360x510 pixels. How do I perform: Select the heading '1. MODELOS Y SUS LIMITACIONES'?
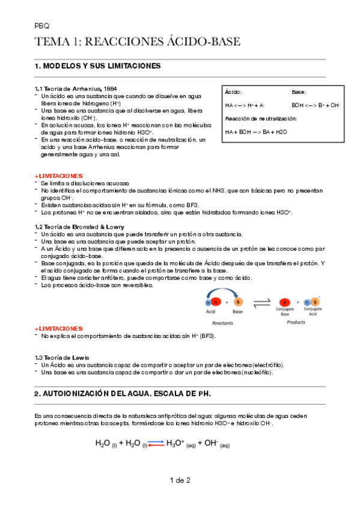pyautogui.click(x=98, y=66)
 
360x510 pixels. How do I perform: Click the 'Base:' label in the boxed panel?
pyautogui.click(x=299, y=92)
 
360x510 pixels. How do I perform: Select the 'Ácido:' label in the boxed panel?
pyautogui.click(x=233, y=92)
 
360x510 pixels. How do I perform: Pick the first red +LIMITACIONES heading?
pyautogui.click(x=58, y=176)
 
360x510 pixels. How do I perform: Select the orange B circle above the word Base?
pyautogui.click(x=239, y=302)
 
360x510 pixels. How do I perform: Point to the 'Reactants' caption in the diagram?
pyautogui.click(x=222, y=322)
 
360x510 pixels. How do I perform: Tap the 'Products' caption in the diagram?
pyautogui.click(x=296, y=322)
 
